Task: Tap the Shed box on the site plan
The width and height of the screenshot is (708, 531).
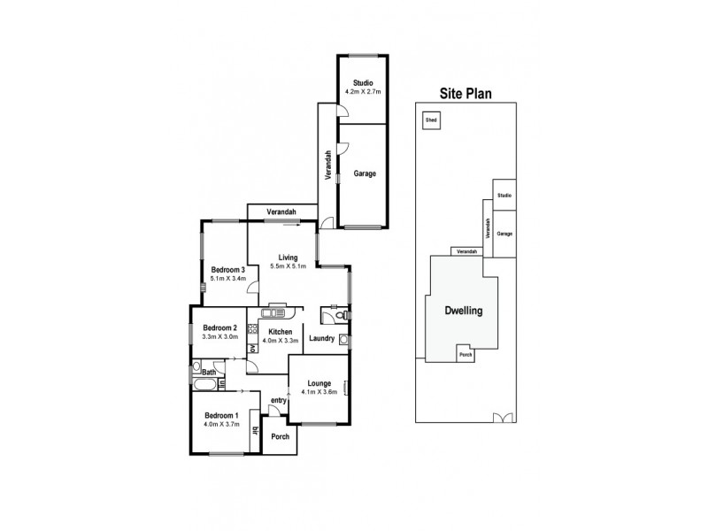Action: (x=431, y=119)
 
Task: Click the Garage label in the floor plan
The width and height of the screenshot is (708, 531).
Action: (x=365, y=173)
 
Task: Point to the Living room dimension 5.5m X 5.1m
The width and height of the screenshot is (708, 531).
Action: (x=288, y=266)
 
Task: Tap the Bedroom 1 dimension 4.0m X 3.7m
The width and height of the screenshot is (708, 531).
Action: (x=221, y=425)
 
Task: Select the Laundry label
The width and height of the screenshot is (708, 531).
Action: (x=321, y=337)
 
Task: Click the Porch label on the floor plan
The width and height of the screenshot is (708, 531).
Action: (x=280, y=436)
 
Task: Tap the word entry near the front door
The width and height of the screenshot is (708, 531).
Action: (x=279, y=400)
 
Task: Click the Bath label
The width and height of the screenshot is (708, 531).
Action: (x=208, y=373)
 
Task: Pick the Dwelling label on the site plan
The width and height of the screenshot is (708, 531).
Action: (x=464, y=312)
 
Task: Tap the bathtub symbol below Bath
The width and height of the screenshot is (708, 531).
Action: (x=204, y=386)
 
